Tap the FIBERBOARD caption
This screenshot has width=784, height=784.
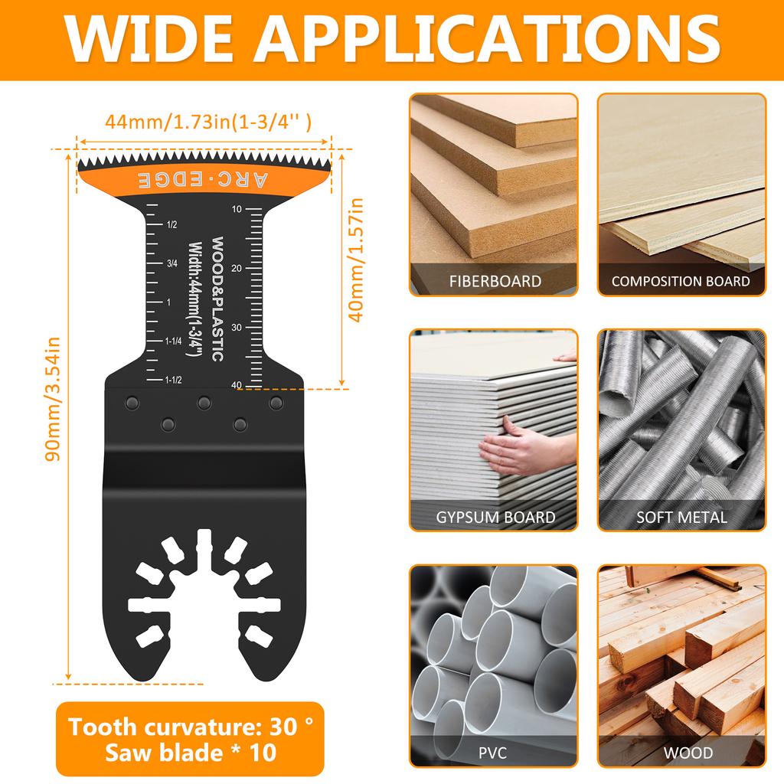[x=495, y=281]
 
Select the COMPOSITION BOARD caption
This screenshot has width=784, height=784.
[x=681, y=281]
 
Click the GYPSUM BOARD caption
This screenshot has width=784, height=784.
[x=495, y=517]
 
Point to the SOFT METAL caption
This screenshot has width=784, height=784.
[x=681, y=517]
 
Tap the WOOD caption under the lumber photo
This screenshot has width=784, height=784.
[x=681, y=753]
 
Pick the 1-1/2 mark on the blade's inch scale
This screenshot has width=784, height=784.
[x=173, y=380]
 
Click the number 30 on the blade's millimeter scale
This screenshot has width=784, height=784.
[x=236, y=328]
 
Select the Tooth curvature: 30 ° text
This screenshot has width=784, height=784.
[x=191, y=726]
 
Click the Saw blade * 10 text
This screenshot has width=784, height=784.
[x=191, y=753]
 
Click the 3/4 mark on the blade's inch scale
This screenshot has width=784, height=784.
[x=173, y=263]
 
